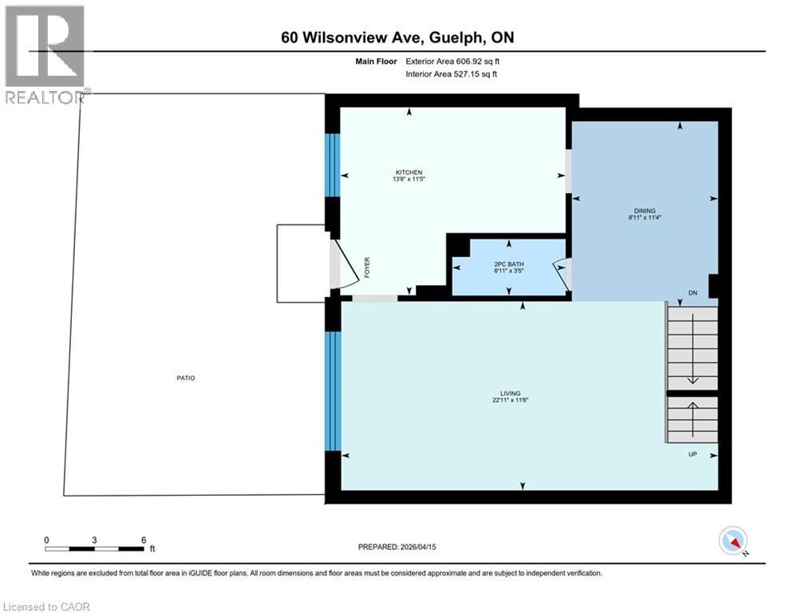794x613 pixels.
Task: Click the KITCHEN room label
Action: (408, 172)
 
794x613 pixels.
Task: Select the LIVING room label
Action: (510, 394)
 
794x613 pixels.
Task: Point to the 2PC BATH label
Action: (509, 262)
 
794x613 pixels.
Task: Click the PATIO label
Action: (186, 378)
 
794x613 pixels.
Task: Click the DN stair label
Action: (693, 293)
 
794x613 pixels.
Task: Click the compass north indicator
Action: (732, 542)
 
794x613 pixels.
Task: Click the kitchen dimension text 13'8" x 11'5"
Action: (408, 180)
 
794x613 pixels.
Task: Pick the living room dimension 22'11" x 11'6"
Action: (510, 401)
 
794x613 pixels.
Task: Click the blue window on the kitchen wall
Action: (333, 164)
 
